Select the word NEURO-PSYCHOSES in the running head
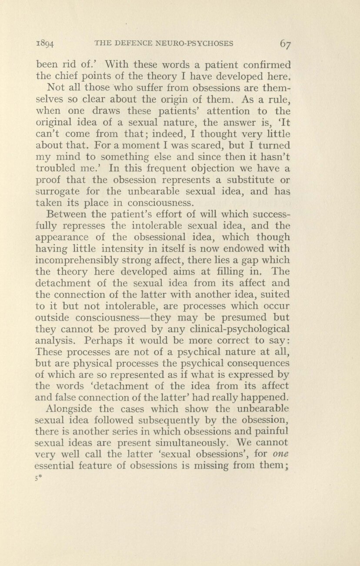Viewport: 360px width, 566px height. pyautogui.click(x=199, y=43)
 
